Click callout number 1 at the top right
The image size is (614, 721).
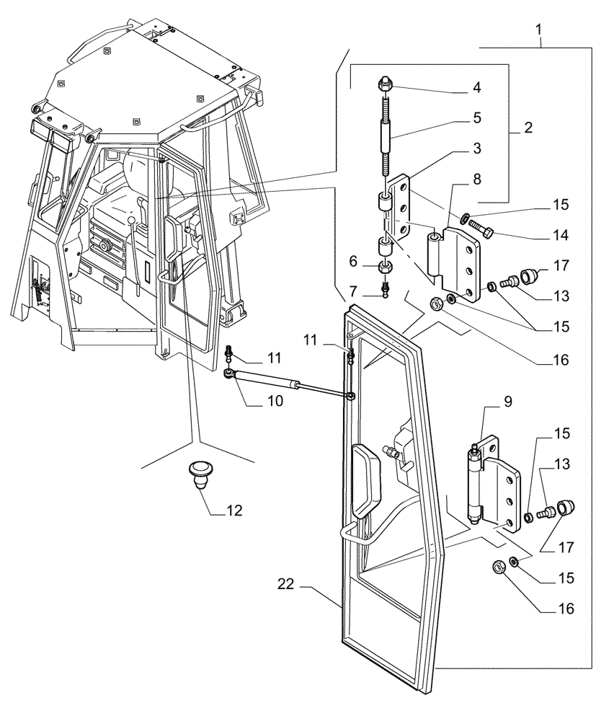click(x=539, y=30)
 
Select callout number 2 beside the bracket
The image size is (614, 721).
click(x=528, y=128)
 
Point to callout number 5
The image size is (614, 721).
click(x=476, y=117)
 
